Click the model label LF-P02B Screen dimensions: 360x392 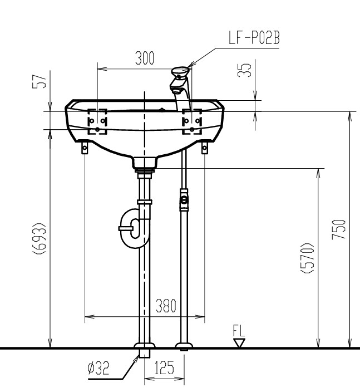click(x=254, y=38)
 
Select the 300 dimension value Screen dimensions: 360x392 click(x=145, y=58)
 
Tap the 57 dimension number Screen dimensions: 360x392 click(x=40, y=81)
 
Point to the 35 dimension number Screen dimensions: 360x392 click(x=244, y=70)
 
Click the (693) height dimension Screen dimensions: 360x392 click(x=40, y=238)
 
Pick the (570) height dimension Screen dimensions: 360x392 click(x=307, y=258)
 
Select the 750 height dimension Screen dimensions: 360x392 click(x=339, y=229)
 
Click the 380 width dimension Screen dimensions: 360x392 click(x=166, y=306)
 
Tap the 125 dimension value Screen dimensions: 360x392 click(x=164, y=367)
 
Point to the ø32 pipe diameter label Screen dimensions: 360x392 click(x=98, y=368)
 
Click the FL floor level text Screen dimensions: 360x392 click(x=239, y=331)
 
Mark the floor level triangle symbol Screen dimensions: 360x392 click(x=239, y=343)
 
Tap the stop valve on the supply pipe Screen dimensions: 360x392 click(x=184, y=200)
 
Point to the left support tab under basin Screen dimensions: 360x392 click(x=85, y=148)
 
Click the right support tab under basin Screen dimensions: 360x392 click(x=205, y=148)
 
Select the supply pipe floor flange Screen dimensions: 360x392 click(x=184, y=345)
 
